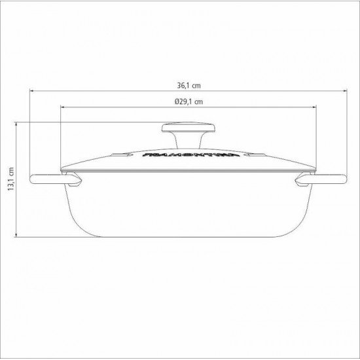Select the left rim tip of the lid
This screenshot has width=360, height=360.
click(x=62, y=173)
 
